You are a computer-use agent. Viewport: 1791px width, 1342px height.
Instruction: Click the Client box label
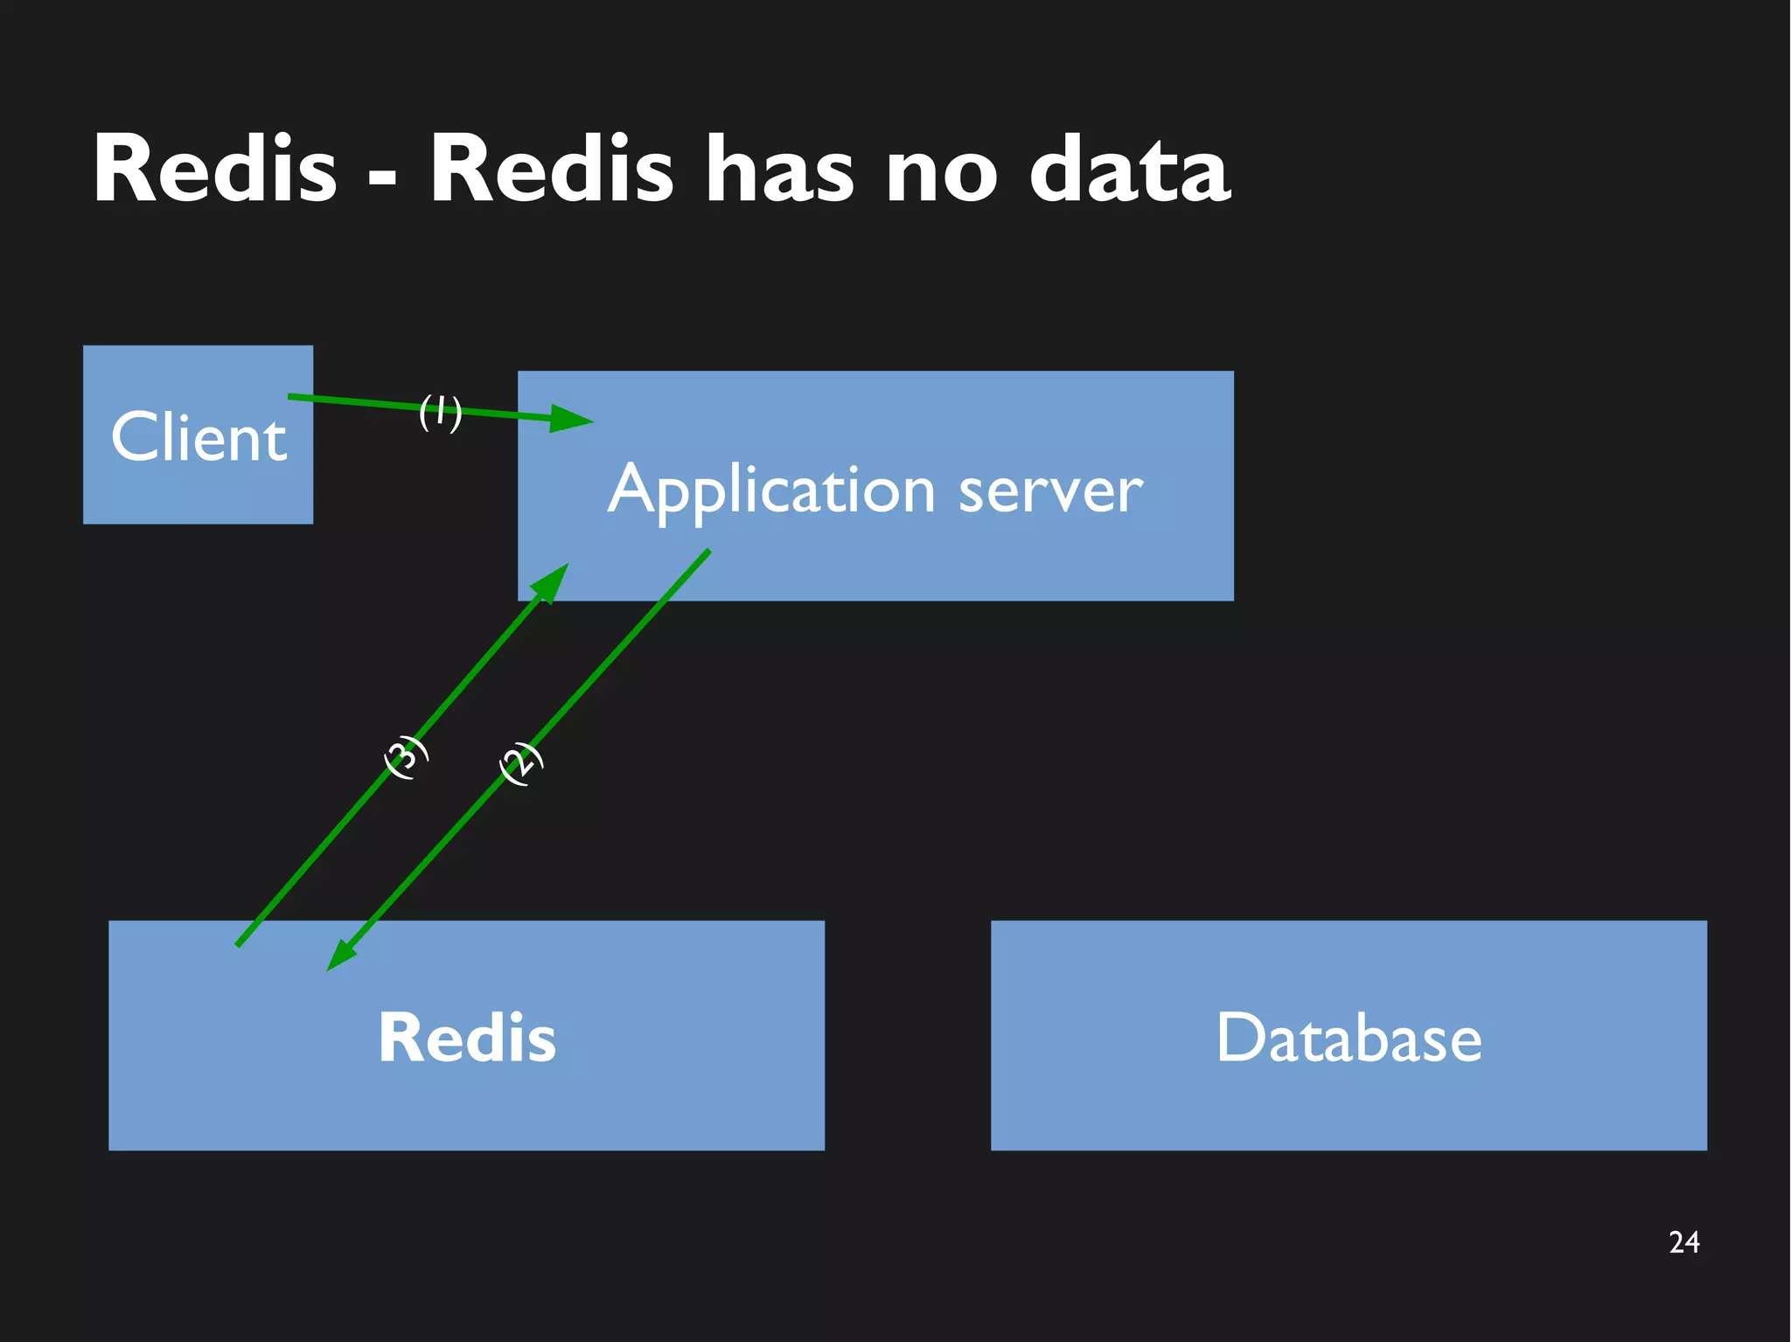pyautogui.click(x=199, y=436)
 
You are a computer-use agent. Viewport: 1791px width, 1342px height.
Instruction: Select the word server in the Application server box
pyautogui.click(x=1050, y=491)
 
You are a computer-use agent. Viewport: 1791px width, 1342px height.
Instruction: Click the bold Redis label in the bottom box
pyautogui.click(x=466, y=1038)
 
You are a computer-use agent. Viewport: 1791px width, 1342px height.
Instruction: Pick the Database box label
pyautogui.click(x=1348, y=1038)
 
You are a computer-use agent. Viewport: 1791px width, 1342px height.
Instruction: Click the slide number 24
pyautogui.click(x=1683, y=1242)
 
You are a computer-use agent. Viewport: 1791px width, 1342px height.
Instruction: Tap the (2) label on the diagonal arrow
pyautogui.click(x=521, y=763)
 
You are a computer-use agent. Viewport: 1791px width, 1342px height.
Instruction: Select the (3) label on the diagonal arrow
pyautogui.click(x=407, y=757)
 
